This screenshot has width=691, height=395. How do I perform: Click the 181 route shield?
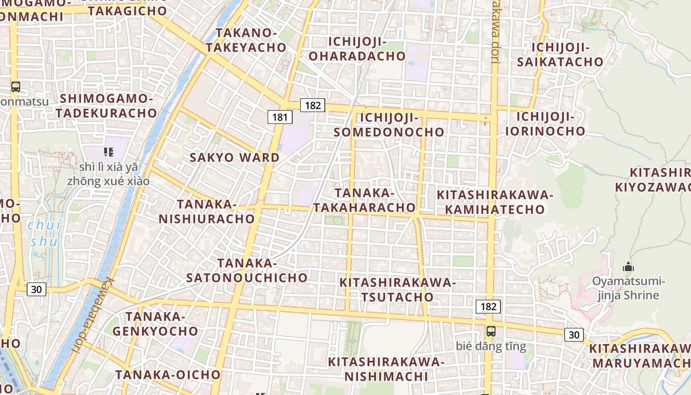[280, 117]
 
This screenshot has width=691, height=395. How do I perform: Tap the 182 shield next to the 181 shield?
[312, 105]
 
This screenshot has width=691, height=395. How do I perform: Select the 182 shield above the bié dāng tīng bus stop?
[488, 307]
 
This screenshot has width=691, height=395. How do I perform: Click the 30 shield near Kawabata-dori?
[37, 289]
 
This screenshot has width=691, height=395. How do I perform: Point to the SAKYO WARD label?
[235, 158]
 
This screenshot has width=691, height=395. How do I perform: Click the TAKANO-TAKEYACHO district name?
[246, 40]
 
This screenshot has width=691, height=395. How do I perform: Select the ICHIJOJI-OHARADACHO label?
[357, 48]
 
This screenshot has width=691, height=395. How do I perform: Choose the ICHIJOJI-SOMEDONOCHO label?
[389, 125]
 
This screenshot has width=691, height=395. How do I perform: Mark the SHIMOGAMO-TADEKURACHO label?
[106, 106]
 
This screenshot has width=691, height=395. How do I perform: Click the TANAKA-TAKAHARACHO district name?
[364, 200]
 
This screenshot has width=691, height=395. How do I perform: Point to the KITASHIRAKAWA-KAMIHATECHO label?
[495, 202]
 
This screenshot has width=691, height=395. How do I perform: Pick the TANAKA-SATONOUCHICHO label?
[247, 270]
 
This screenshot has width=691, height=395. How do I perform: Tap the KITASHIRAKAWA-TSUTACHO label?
[397, 289]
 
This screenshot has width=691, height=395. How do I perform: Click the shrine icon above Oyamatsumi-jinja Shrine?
[628, 267]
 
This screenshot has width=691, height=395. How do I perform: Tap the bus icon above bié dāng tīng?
[491, 331]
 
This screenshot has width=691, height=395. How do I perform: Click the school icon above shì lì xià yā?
[109, 152]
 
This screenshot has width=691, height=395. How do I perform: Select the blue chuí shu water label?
[44, 233]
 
